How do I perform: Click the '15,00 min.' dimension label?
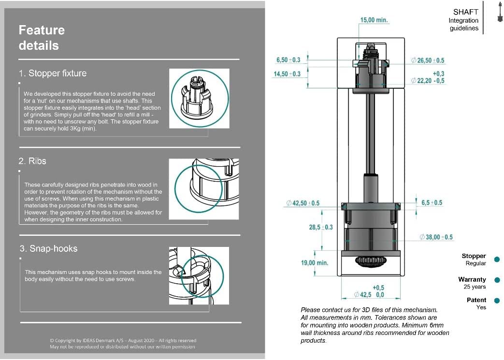[374, 20]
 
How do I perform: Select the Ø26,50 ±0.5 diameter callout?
[428, 60]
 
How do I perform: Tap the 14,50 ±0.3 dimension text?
[287, 74]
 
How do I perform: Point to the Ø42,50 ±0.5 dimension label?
[303, 203]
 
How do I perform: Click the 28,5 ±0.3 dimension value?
[321, 227]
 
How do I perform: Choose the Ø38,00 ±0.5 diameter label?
[436, 237]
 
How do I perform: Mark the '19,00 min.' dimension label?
[315, 263]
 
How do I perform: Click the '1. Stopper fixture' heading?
[53, 73]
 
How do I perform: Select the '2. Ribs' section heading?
[32, 161]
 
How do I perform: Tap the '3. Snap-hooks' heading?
[48, 248]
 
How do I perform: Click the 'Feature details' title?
[42, 38]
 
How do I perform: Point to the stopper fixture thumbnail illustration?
[199, 99]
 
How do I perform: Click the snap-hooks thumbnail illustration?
[199, 275]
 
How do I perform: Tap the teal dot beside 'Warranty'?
[497, 280]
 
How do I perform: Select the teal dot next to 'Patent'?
[497, 301]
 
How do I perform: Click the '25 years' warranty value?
[475, 287]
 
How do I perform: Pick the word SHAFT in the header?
[466, 12]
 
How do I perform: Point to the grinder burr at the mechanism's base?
[370, 260]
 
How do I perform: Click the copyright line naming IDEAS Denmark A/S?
[123, 340]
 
